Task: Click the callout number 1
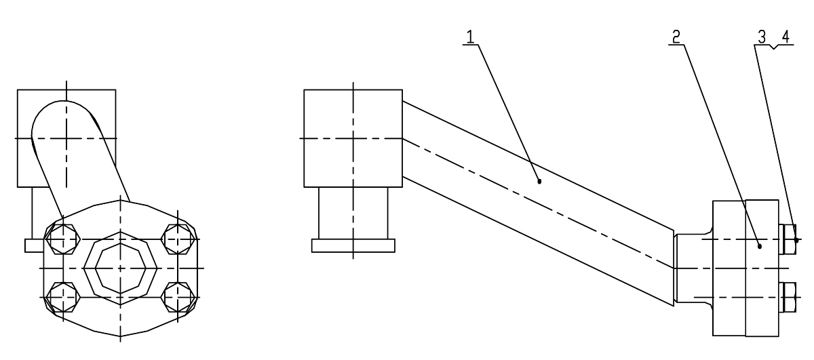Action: pos(470,37)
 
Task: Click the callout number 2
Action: pos(676,37)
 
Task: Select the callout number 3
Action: pos(762,37)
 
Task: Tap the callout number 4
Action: pos(786,37)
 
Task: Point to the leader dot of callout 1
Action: pos(539,181)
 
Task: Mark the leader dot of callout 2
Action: pos(760,247)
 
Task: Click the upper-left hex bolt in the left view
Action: pos(63,239)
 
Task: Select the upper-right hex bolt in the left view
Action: pos(178,239)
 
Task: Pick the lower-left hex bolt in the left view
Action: pos(63,297)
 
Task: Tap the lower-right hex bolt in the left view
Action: pos(178,297)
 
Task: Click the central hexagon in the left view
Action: pos(120,268)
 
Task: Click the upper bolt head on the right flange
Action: pos(788,239)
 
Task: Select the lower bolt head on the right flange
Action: pos(788,298)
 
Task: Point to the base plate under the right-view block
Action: pos(353,245)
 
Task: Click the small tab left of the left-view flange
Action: pos(35,245)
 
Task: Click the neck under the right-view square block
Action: pos(353,214)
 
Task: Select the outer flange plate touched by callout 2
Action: pos(762,268)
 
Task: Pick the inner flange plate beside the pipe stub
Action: pos(729,268)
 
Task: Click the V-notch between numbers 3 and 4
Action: pos(774,47)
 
